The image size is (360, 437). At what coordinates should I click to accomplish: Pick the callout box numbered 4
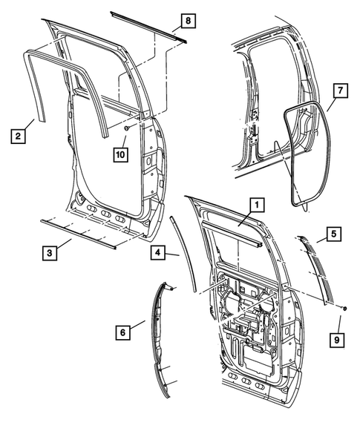(x=157, y=253)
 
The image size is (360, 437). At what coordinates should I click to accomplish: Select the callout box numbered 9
(x=337, y=341)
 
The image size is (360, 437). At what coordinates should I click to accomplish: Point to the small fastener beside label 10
(x=128, y=130)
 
